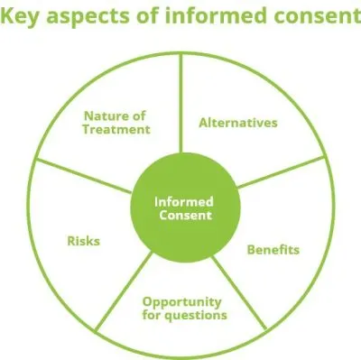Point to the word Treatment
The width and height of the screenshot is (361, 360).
point(116,129)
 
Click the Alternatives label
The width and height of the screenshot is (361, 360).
point(238,123)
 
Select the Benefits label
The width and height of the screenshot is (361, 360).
point(273,248)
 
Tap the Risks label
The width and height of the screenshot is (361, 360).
point(83,241)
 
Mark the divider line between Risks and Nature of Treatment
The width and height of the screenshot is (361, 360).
point(89,179)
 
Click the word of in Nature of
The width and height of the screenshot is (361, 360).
point(140,115)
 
